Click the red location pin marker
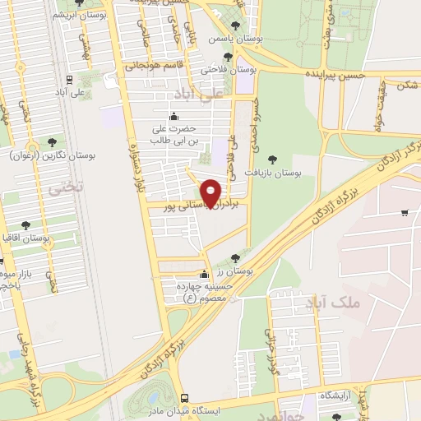pos(211,192)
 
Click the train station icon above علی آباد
pos(70,81)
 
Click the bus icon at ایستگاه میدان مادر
pos(185,396)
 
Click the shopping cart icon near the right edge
pos(405,214)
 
